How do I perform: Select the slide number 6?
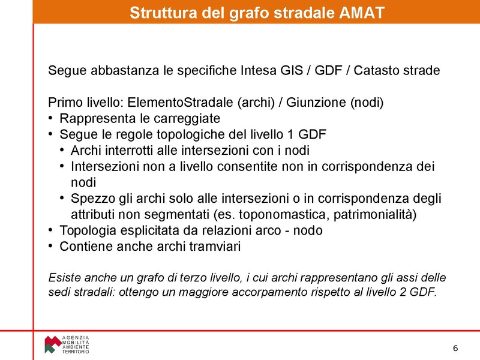coord(455,349)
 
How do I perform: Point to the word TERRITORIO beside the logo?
coord(76,352)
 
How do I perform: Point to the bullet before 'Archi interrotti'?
coord(63,150)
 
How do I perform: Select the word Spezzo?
coord(89,198)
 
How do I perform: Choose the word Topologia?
coord(85,230)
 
